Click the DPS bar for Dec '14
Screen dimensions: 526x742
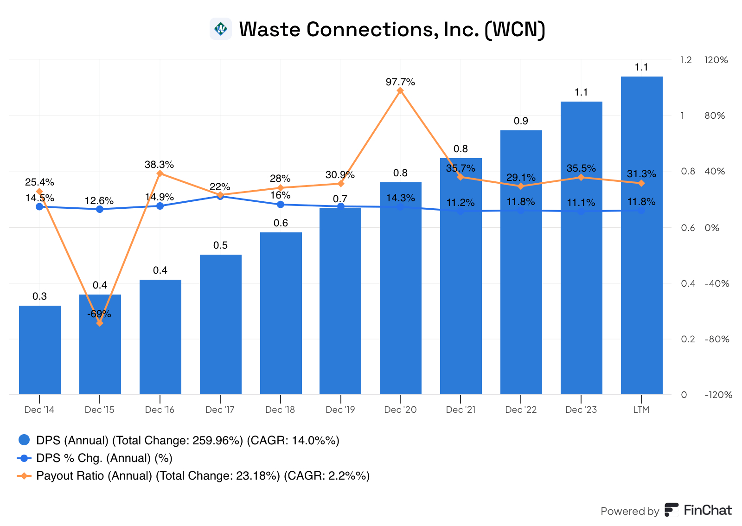[x=40, y=350]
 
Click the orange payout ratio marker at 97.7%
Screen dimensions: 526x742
[x=400, y=90]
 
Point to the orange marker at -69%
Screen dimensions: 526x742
[x=100, y=323]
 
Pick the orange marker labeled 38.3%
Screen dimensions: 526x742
[x=160, y=173]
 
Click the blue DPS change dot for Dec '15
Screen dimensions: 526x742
[x=100, y=209]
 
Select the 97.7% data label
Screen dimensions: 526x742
[x=400, y=82]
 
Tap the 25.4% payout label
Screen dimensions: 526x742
[x=39, y=182]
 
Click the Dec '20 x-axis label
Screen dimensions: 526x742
[x=400, y=410]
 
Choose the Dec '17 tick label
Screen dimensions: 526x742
[x=220, y=410]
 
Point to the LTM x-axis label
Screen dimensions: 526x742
[x=641, y=410]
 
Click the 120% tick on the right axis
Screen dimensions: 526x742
[x=716, y=60]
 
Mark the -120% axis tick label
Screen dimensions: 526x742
[x=718, y=395]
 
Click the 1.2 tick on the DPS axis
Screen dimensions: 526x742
[x=686, y=60]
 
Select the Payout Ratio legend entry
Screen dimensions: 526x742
[x=203, y=476]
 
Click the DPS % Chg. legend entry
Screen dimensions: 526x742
[x=104, y=458]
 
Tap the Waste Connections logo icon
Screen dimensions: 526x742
[x=221, y=29]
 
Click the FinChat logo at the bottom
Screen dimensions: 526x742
[x=698, y=510]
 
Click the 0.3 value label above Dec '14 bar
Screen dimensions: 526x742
[x=40, y=296]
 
